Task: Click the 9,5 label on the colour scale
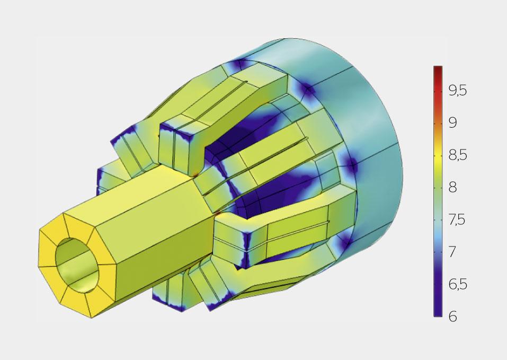pos(458,91)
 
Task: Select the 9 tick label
pos(453,123)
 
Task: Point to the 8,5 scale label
pos(458,155)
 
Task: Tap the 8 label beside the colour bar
pos(453,187)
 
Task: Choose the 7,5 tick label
pos(458,219)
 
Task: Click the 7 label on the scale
pos(453,252)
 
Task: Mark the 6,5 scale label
pos(458,284)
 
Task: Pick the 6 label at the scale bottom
pos(453,316)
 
